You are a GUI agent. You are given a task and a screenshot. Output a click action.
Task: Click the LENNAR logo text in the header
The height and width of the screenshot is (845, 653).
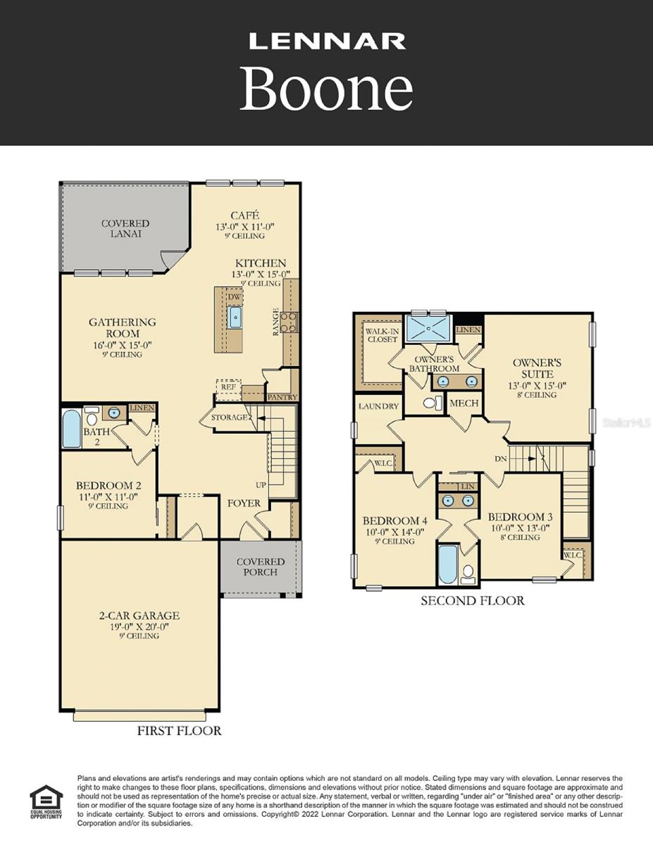[x=327, y=42]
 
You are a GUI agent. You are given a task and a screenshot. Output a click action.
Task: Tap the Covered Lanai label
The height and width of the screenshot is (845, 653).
[x=125, y=228]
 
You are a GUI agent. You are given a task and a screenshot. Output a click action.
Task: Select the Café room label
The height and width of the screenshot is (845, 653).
[x=245, y=215]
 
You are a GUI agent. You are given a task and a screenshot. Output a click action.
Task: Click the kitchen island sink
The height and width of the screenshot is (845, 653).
[x=235, y=318]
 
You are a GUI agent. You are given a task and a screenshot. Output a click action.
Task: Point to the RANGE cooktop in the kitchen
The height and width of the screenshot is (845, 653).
[x=289, y=322]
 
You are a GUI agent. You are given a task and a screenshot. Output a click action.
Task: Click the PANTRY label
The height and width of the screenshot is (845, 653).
[x=282, y=397]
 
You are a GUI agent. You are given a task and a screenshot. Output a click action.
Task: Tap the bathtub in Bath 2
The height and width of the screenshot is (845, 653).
[x=71, y=430]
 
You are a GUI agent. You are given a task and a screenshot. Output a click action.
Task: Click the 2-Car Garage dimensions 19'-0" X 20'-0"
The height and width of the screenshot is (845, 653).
[x=139, y=626]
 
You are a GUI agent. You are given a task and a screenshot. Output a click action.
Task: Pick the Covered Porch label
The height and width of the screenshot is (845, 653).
[x=261, y=567]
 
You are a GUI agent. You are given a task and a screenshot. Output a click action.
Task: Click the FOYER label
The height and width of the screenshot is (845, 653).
[x=244, y=503]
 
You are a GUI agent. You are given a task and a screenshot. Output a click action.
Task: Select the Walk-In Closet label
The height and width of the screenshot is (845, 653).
[x=381, y=335]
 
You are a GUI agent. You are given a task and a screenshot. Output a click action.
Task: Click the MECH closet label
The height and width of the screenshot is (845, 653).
[x=464, y=403]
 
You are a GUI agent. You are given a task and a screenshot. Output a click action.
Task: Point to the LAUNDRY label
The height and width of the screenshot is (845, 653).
[x=378, y=406]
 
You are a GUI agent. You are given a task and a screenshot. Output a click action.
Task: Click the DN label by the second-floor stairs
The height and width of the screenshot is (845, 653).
[x=501, y=458]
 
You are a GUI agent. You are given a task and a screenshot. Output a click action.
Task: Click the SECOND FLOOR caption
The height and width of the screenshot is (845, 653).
[x=472, y=601]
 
